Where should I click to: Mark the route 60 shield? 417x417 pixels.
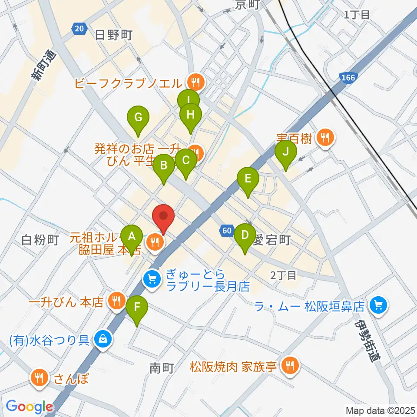226,231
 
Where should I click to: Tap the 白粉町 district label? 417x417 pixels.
40,240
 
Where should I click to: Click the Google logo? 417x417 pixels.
29,407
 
